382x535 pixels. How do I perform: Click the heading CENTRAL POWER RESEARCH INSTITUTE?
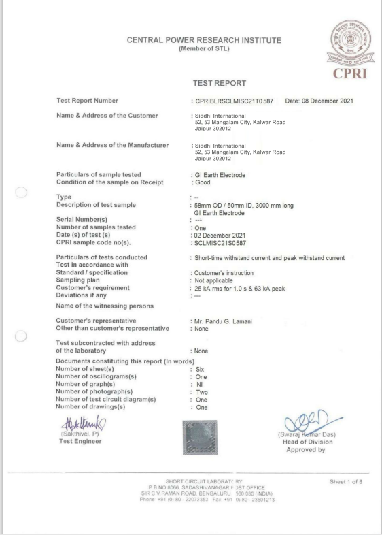pyautogui.click(x=204, y=40)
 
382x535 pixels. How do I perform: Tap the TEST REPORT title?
pyautogui.click(x=220, y=83)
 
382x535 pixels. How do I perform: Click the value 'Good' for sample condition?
pyautogui.click(x=202, y=182)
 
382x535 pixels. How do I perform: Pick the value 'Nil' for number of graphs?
pyautogui.click(x=199, y=383)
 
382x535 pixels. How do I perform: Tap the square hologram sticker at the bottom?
pyautogui.click(x=197, y=436)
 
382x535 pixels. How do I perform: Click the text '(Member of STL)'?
pyautogui.click(x=204, y=48)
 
